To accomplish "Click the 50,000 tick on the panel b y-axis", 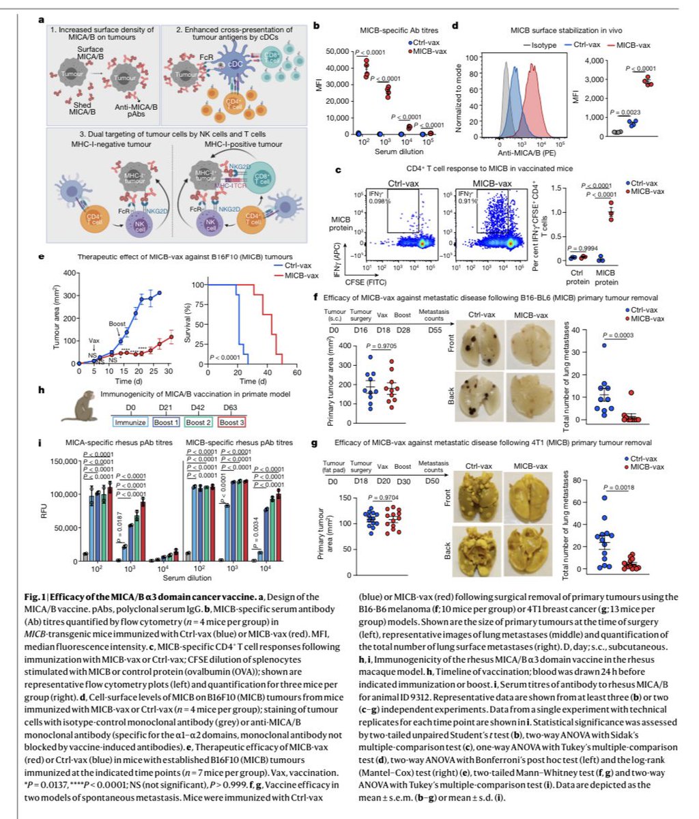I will (336, 52).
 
